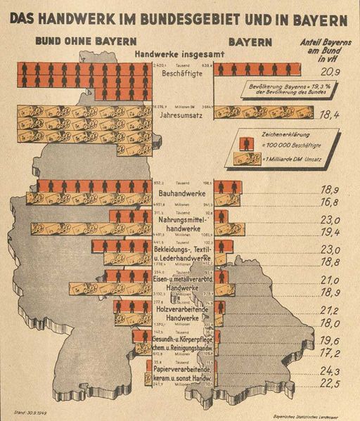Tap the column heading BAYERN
point(249,41)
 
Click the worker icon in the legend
point(247,143)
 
